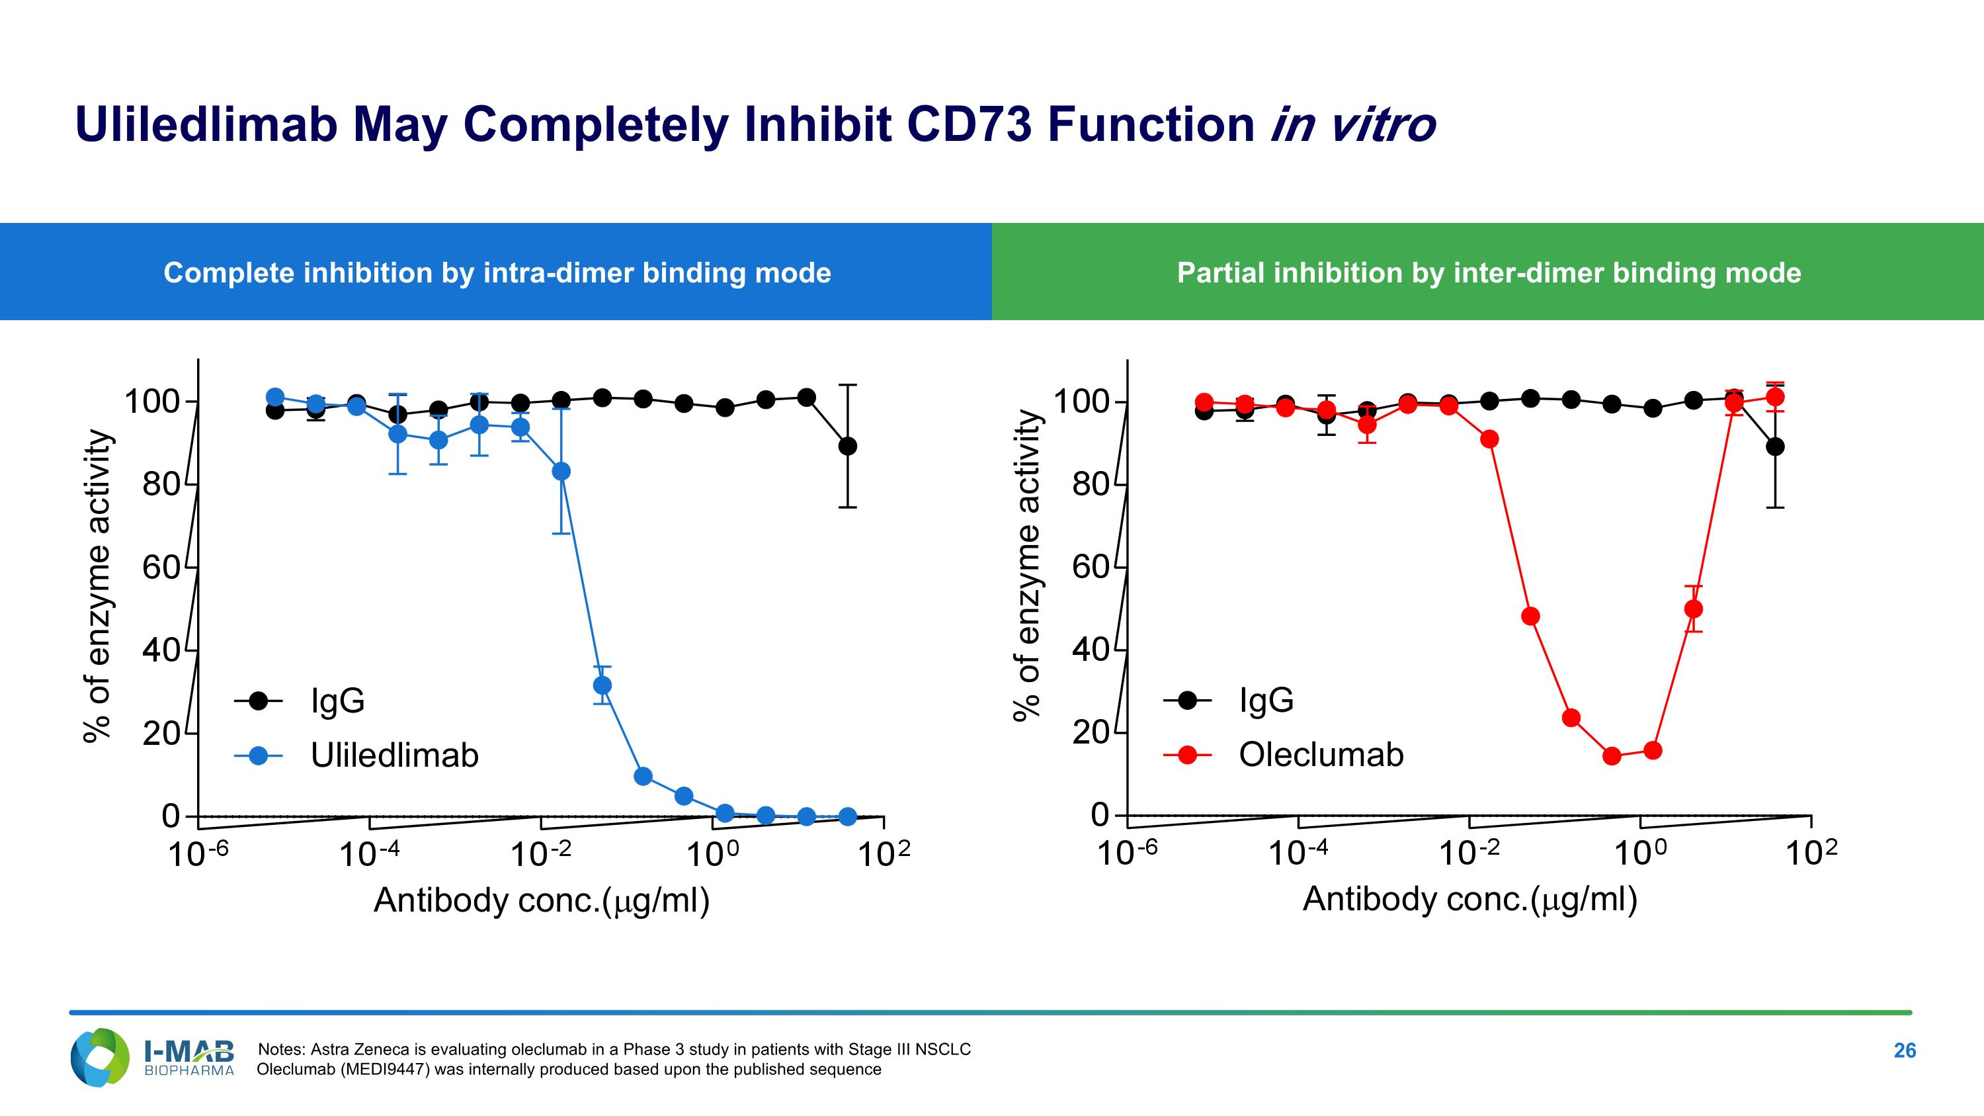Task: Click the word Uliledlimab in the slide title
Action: pos(206,125)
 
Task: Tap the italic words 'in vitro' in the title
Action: pos(1352,125)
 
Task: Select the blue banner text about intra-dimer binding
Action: pos(497,273)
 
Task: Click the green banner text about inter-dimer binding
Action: pos(1489,273)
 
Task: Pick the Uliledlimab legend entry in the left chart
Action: pos(393,755)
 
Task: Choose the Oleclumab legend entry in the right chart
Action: pos(1320,754)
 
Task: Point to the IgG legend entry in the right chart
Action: pos(1265,700)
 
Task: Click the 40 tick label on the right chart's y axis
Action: pos(1090,650)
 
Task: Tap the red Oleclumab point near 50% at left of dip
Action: pos(1531,616)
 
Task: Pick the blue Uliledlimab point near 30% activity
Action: pos(602,685)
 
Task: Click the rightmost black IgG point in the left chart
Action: pos(847,446)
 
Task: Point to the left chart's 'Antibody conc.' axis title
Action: pos(542,900)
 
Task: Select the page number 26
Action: pos(1904,1051)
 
